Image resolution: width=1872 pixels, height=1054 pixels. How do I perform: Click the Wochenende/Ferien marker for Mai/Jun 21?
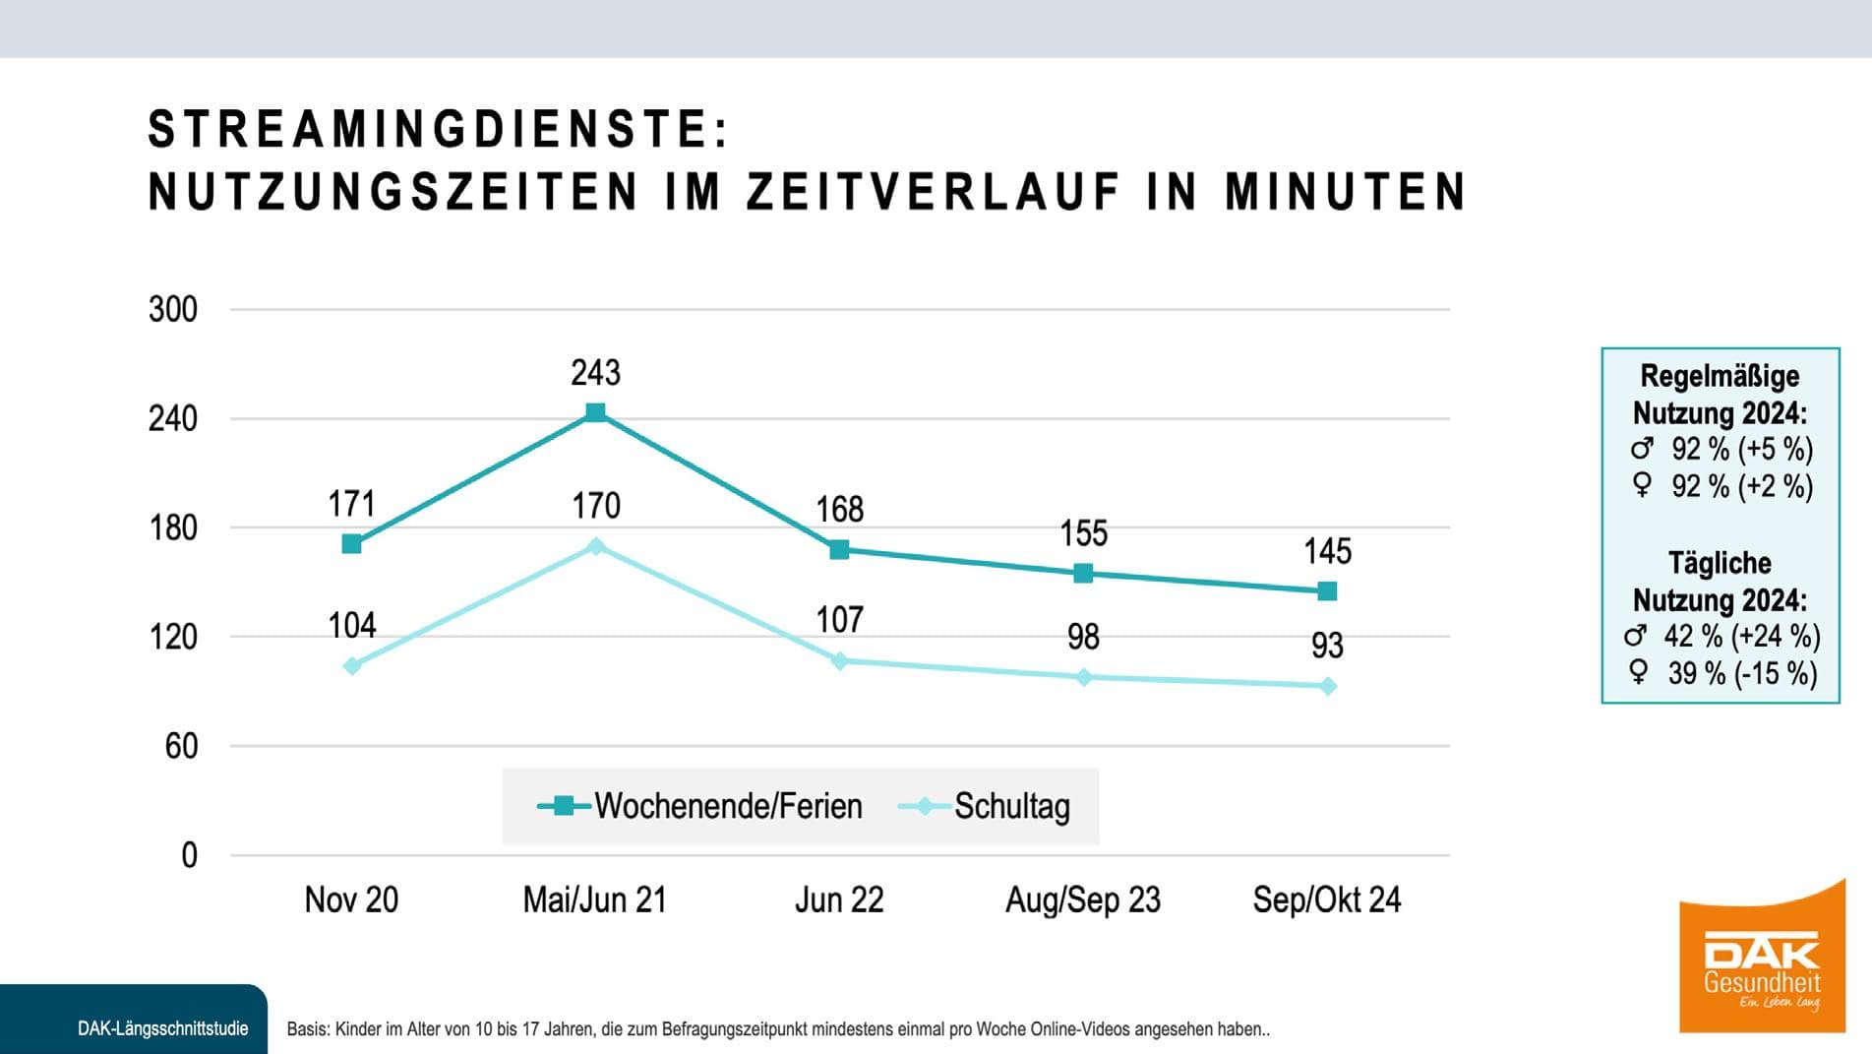click(595, 412)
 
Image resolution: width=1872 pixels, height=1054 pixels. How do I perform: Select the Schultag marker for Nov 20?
click(352, 666)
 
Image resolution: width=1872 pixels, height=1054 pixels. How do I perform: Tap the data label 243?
click(595, 373)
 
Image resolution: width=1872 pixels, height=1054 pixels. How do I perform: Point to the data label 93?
click(1327, 646)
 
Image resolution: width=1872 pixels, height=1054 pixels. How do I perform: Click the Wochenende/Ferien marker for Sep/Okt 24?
click(1327, 591)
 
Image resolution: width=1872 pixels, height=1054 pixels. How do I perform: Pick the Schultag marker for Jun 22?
click(839, 661)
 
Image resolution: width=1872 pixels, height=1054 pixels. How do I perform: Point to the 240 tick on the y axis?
click(173, 419)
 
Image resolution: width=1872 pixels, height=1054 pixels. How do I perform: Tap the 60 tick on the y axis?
click(181, 747)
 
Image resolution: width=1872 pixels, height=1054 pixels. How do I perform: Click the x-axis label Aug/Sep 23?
click(1082, 899)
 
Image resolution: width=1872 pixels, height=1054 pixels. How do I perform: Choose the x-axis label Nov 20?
click(351, 899)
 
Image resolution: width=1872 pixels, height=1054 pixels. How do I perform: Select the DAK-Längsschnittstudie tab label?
click(162, 1029)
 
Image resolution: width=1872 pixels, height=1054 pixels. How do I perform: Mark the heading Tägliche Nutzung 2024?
click(1720, 582)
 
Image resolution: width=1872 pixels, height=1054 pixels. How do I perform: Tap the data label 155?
click(1083, 534)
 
